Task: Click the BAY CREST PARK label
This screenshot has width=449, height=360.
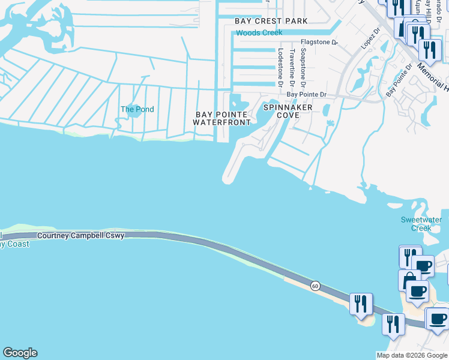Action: (271, 21)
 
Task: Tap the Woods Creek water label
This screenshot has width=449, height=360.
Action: (259, 32)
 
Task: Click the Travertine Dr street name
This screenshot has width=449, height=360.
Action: (292, 67)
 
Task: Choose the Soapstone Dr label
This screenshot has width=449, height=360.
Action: (303, 67)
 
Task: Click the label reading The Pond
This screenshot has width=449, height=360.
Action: (137, 109)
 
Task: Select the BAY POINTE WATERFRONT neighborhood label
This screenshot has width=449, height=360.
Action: (221, 118)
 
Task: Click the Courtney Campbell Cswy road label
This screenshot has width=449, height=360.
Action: (80, 236)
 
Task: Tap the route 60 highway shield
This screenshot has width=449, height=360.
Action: (315, 286)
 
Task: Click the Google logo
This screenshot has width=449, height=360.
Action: (20, 353)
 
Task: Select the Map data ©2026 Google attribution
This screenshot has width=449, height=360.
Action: (412, 355)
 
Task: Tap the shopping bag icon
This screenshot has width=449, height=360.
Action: (409, 280)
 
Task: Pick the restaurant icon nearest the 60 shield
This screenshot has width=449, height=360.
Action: (361, 304)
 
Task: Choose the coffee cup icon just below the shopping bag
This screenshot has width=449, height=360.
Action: (417, 292)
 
